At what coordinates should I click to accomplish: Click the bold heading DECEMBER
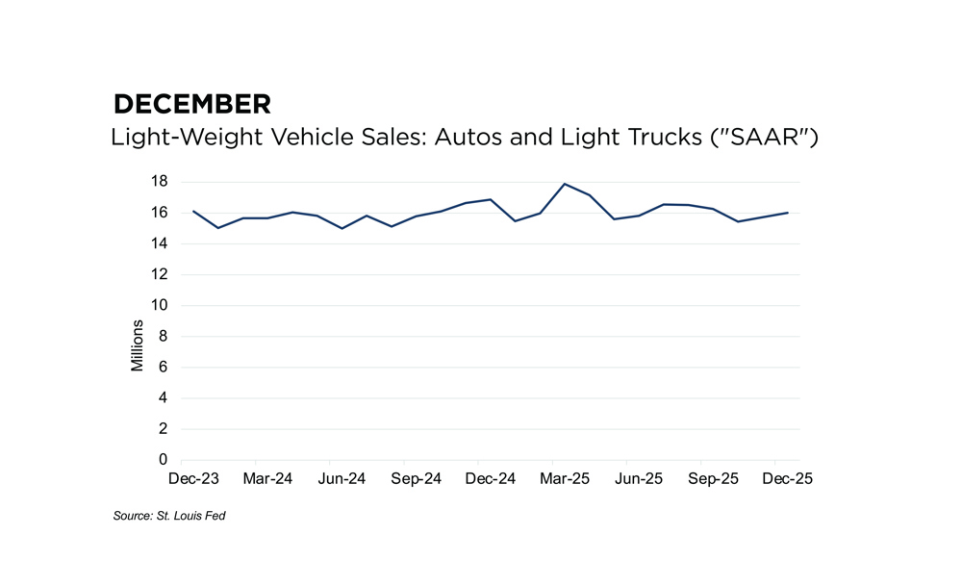(x=191, y=104)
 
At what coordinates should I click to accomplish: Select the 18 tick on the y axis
(x=160, y=182)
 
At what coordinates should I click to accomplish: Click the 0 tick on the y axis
(x=165, y=460)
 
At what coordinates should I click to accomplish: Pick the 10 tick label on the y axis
(x=160, y=305)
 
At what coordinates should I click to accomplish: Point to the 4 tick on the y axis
(x=165, y=398)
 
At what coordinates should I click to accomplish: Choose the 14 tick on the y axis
(x=160, y=243)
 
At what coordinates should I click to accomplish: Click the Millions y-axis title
(x=138, y=345)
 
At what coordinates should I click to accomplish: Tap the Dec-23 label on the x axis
(x=193, y=479)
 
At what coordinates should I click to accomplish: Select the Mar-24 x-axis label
(x=267, y=479)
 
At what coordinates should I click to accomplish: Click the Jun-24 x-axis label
(x=342, y=479)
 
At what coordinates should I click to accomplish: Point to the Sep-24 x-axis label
(x=416, y=479)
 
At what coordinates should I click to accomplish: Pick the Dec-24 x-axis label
(x=491, y=479)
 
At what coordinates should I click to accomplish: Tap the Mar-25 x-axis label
(x=565, y=479)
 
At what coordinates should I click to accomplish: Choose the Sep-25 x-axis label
(x=713, y=479)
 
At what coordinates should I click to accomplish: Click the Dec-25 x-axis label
(x=787, y=479)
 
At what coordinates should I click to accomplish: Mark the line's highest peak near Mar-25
(x=565, y=184)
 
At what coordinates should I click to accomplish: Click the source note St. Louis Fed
(x=169, y=517)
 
